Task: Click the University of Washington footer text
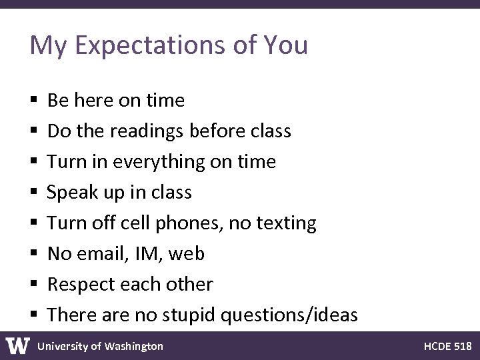coord(100,346)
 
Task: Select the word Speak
coord(74,193)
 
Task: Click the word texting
coord(283,223)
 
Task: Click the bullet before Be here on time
coord(33,101)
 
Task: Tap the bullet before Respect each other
coord(33,285)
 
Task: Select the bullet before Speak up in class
coord(33,193)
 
